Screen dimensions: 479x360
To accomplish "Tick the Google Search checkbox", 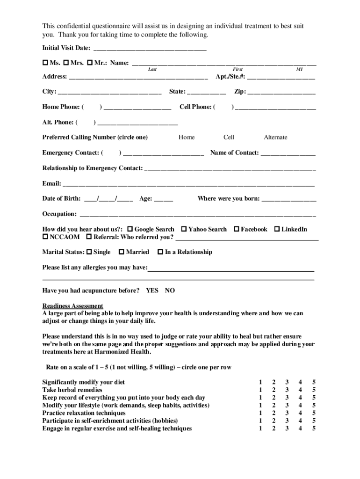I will (130, 229).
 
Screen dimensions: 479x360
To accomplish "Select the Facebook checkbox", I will (237, 229).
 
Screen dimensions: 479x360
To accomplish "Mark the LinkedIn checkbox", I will (277, 229).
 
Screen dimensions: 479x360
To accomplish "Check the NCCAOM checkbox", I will (45, 237).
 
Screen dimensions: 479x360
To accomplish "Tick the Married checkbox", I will (121, 252).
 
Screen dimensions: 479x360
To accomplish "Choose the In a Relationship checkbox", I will (160, 252).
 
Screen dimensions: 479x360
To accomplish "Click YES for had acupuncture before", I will (152, 290).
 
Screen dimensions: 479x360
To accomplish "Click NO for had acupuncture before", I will (170, 290).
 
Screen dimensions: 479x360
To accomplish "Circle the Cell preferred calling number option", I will (229, 138).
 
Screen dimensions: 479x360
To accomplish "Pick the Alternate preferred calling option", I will (275, 138).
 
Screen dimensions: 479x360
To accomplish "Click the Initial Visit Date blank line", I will (150, 49).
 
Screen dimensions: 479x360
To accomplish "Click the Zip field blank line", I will (281, 93).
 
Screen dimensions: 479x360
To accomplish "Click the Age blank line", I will (163, 199).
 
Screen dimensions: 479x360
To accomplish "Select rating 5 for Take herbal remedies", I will (314, 390).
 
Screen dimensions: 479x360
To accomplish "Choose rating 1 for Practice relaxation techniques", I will (260, 413).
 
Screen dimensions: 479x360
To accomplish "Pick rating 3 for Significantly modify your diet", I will (287, 382).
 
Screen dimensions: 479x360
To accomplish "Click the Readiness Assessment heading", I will (72, 306).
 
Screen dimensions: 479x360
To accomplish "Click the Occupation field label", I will (59, 214).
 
